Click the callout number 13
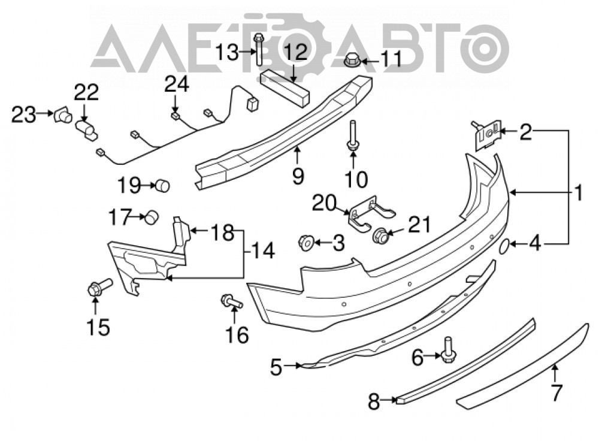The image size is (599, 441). pos(227,52)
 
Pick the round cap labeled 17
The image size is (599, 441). pos(152,217)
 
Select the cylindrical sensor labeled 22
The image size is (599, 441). pos(86,129)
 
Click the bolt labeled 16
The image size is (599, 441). pos(231,301)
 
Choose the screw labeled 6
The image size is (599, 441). pos(447,350)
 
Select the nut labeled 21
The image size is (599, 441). pos(380,235)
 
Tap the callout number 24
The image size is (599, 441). pos(177,85)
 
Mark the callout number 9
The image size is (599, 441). pos(298,177)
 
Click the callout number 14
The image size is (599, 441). pos(263,251)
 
